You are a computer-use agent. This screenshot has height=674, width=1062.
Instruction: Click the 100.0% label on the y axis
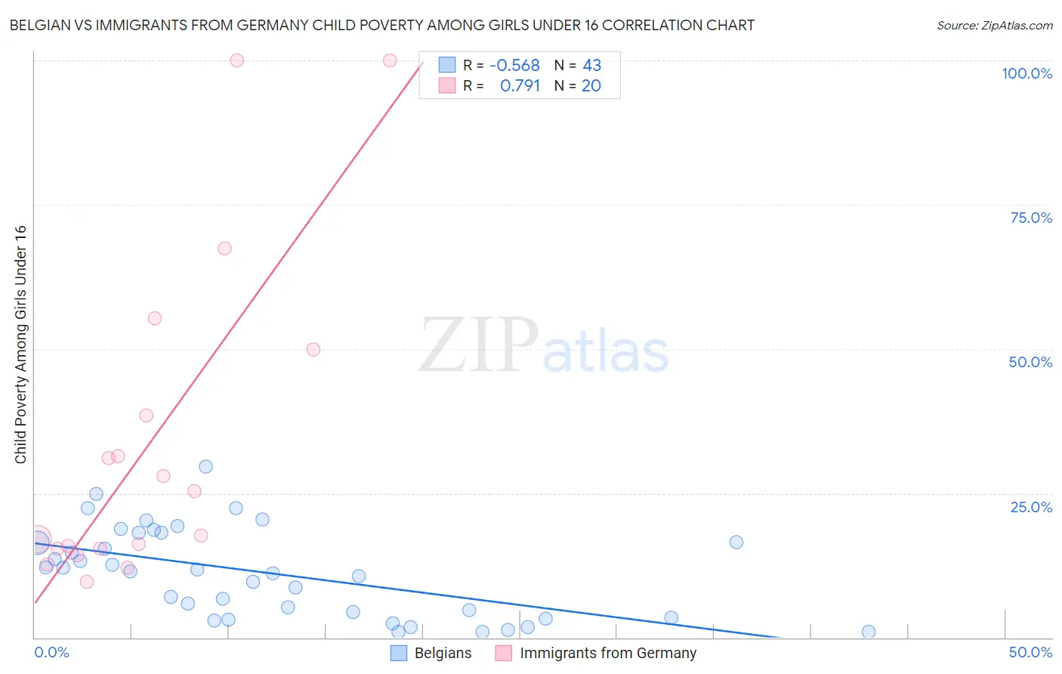(x=1026, y=73)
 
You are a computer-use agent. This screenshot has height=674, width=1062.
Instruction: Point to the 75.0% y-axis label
(x=1031, y=218)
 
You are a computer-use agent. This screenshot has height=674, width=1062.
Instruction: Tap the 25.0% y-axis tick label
(x=1031, y=507)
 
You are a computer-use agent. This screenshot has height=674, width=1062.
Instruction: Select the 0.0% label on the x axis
(x=51, y=652)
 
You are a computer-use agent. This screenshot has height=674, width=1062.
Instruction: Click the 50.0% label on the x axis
(x=1030, y=652)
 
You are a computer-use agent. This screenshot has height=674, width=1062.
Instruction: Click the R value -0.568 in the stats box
(x=514, y=66)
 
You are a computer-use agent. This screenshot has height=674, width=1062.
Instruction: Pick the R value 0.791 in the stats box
(x=520, y=86)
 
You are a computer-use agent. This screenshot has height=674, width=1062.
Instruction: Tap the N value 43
(x=591, y=66)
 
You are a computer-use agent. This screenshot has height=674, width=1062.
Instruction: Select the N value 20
(x=591, y=86)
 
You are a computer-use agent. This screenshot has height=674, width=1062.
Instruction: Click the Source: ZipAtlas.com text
(x=994, y=26)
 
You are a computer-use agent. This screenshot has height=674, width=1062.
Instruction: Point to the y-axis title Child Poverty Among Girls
(x=20, y=345)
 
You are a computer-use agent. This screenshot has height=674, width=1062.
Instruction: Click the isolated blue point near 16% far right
(x=736, y=542)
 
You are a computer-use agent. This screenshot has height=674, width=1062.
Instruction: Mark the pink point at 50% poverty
(x=313, y=349)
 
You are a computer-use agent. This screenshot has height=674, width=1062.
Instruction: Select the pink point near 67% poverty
(x=224, y=249)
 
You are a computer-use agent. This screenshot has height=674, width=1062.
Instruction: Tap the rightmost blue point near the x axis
(x=869, y=632)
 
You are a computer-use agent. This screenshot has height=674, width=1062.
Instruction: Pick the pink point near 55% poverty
(x=155, y=318)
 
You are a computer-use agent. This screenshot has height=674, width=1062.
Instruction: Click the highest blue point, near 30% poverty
(x=205, y=467)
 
